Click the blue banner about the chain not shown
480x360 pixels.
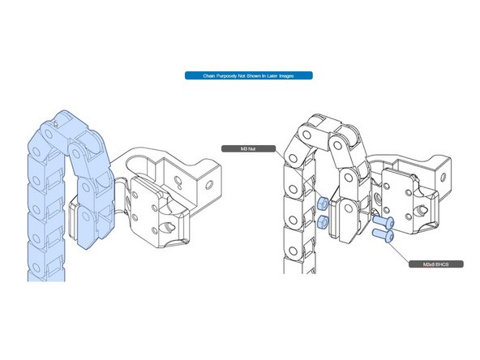click(248, 75)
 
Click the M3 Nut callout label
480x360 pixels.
click(249, 149)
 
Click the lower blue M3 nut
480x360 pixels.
click(323, 220)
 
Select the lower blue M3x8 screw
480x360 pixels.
click(383, 235)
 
